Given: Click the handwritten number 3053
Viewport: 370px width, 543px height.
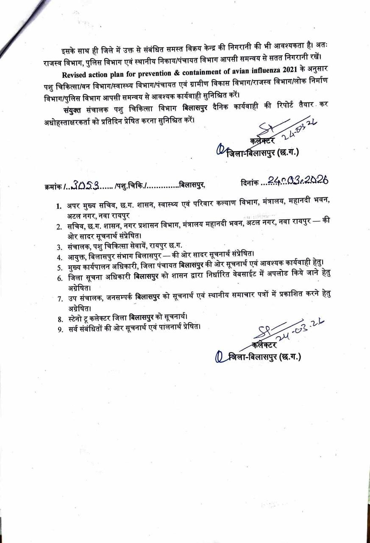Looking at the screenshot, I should tap(86, 184).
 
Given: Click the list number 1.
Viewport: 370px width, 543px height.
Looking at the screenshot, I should tap(59, 206).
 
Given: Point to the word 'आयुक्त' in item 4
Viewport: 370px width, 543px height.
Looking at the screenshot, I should tap(77, 257).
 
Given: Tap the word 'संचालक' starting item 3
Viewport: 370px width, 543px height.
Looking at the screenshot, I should tap(79, 246).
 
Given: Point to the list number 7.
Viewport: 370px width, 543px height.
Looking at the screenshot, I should tap(59, 298).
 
